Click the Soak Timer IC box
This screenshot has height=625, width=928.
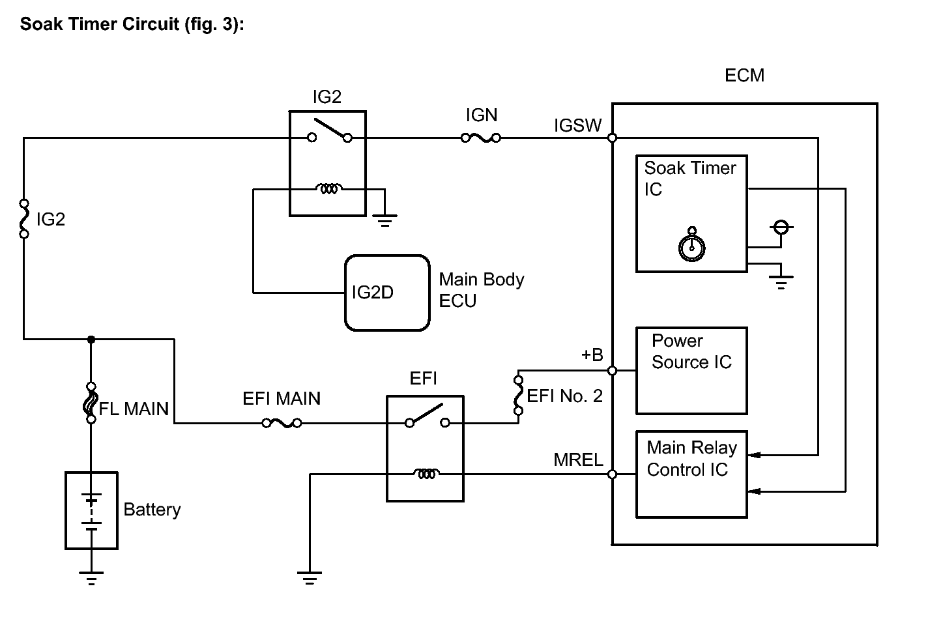[x=691, y=213]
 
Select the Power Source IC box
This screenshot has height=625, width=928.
[x=691, y=370]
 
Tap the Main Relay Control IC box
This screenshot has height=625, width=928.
[x=691, y=474]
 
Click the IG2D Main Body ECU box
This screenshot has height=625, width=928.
[x=387, y=293]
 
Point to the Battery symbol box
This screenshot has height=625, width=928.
[x=92, y=510]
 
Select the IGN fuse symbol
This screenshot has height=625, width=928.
[x=481, y=138]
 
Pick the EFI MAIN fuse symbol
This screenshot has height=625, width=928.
[x=282, y=424]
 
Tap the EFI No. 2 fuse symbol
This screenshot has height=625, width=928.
[x=519, y=395]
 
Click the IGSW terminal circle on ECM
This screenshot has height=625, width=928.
[x=613, y=138]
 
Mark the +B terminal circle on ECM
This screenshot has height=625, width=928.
[x=613, y=370]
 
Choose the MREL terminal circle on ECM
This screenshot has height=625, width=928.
[x=613, y=474]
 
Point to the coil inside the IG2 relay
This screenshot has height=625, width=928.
[x=328, y=189]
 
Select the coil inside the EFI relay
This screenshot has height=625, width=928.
[x=426, y=474]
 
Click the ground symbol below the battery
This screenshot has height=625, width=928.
[x=91, y=576]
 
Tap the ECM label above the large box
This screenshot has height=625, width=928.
[x=744, y=76]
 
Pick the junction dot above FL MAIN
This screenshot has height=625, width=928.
[x=91, y=339]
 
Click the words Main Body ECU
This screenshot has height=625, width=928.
[x=481, y=290]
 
